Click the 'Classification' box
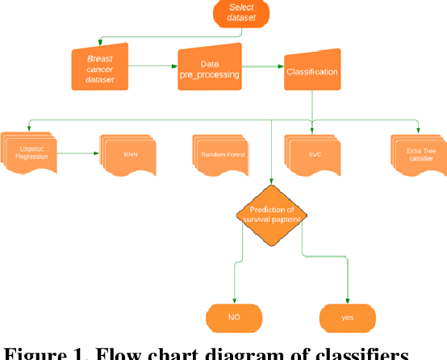point(311,71)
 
